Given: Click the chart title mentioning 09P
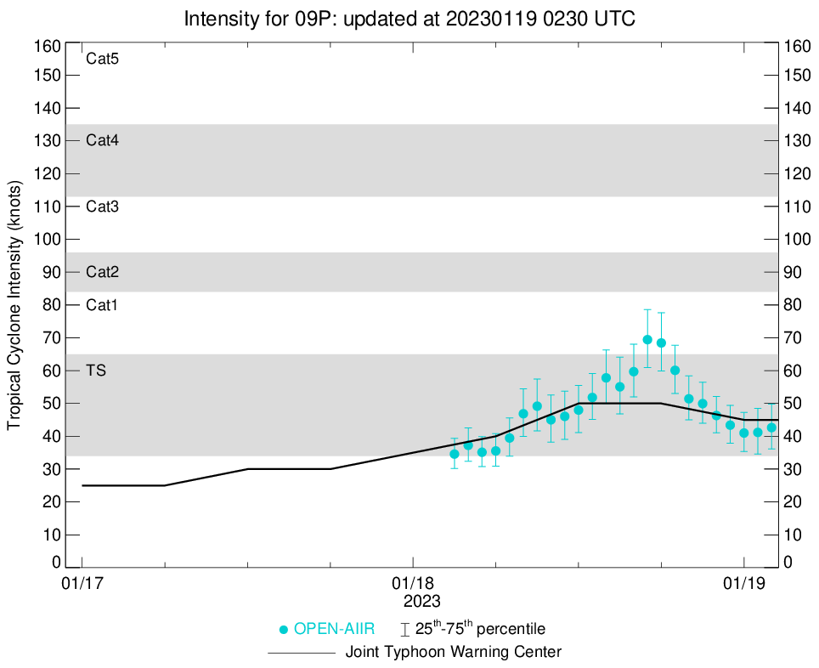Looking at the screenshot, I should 409,18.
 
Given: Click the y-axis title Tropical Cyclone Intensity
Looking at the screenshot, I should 14,304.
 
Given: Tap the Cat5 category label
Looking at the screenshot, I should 102,59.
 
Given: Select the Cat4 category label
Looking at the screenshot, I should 102,140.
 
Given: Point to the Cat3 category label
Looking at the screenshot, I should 102,207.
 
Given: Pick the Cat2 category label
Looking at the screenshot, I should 102,272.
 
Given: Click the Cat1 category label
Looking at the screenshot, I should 102,304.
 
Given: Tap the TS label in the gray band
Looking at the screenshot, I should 96,371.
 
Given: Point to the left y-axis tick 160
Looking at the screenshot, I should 47,46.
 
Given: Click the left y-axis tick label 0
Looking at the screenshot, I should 56,562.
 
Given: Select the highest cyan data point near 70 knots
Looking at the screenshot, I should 647,340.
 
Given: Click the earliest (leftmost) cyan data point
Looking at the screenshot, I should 455,454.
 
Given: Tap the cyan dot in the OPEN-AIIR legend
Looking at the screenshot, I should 284,630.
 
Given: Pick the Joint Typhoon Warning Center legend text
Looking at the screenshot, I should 453,653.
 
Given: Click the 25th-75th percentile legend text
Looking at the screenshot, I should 479,630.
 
